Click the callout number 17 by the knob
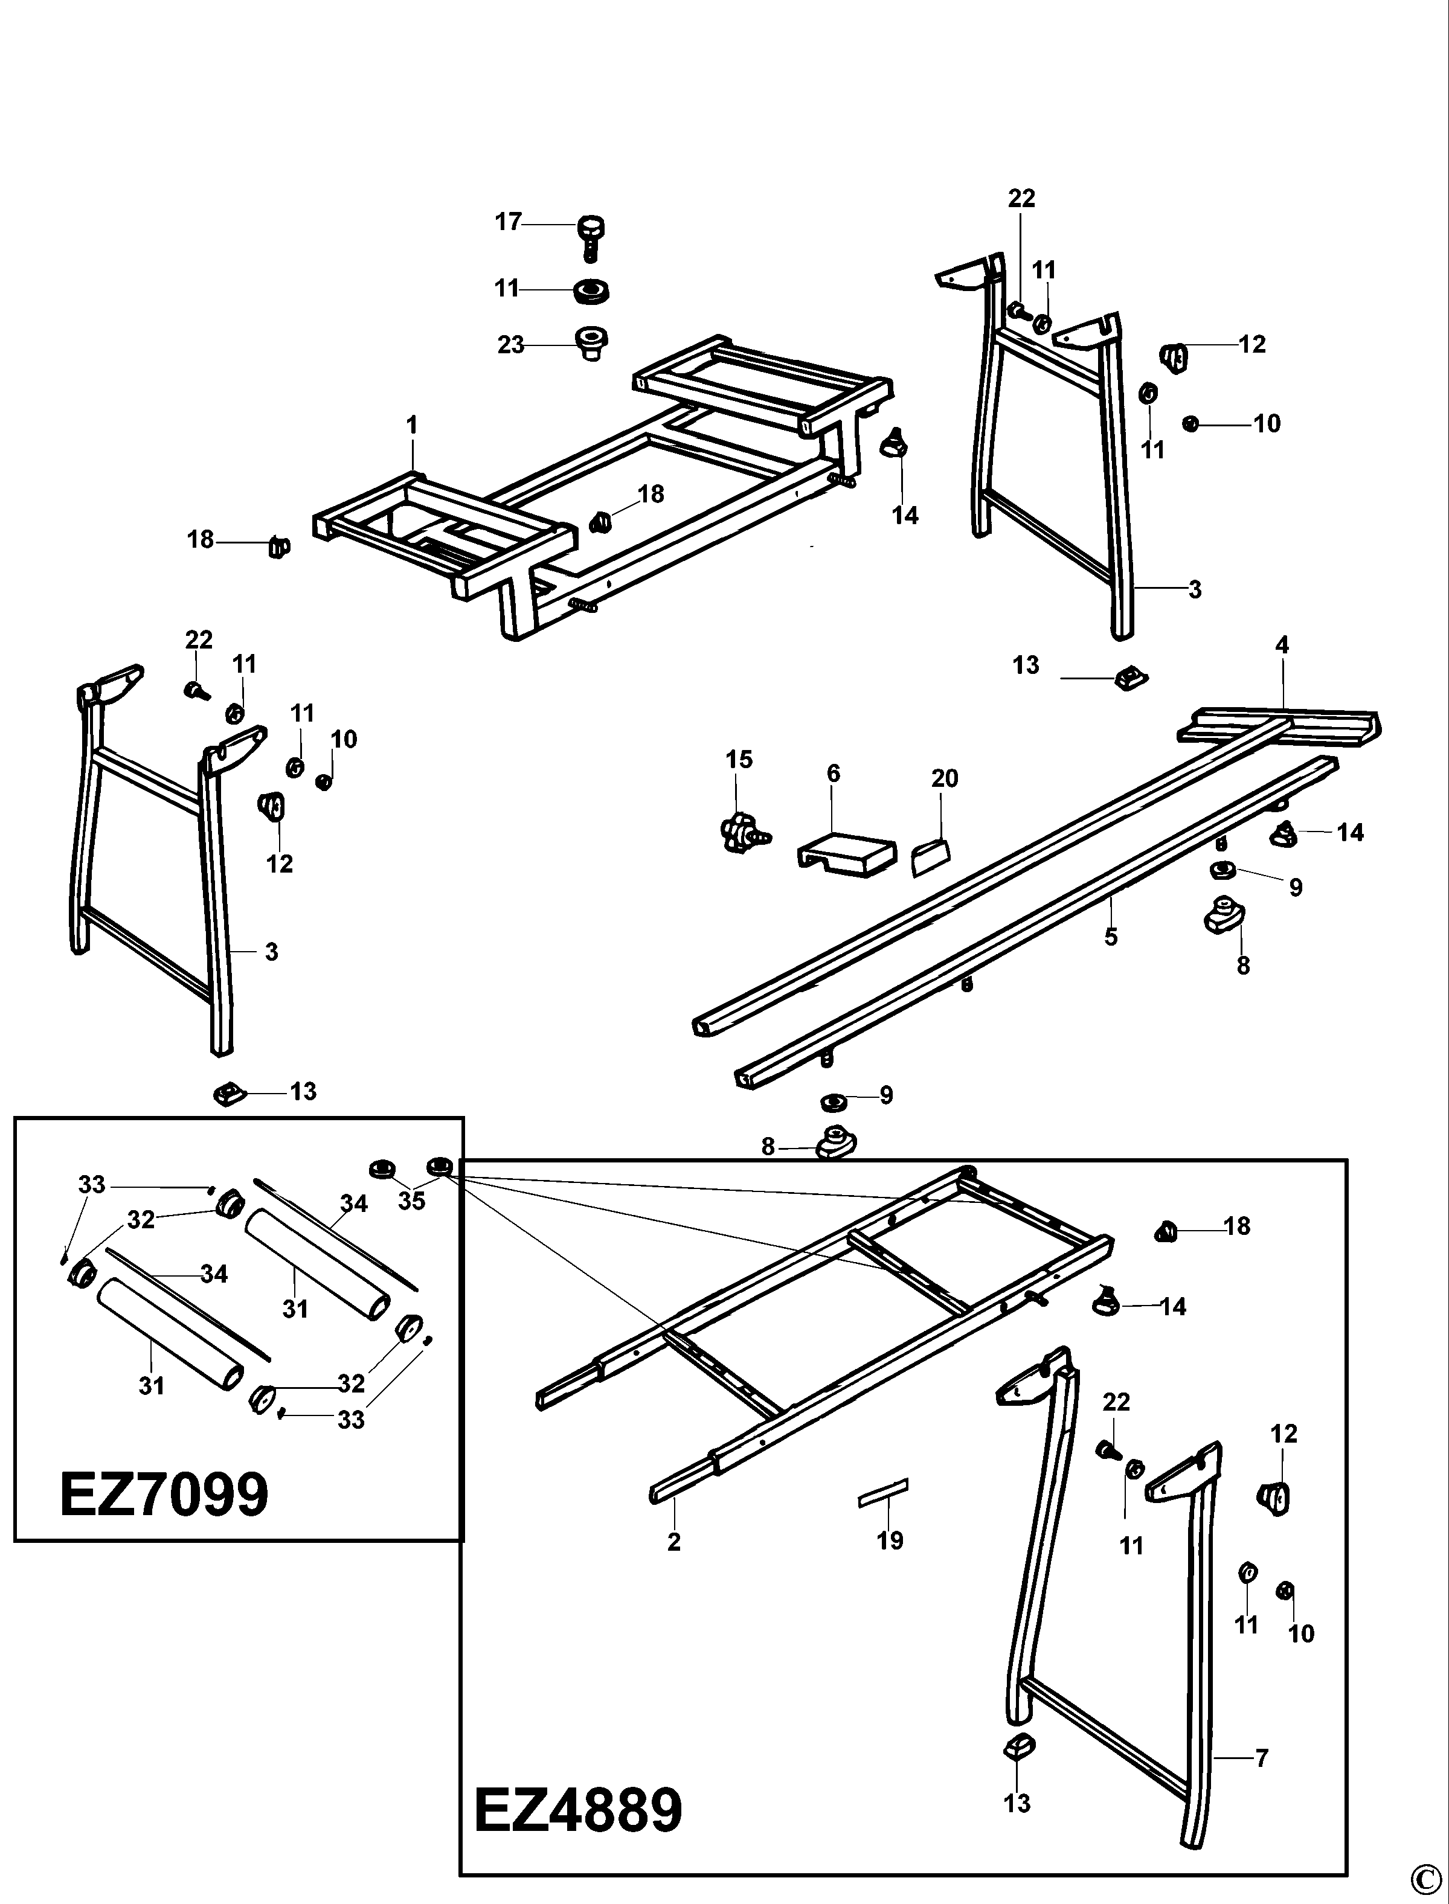[508, 222]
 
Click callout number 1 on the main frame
[413, 425]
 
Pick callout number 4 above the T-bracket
[1282, 644]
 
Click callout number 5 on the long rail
[1111, 935]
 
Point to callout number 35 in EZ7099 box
[411, 1200]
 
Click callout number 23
[510, 345]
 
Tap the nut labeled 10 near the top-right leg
[1192, 423]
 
